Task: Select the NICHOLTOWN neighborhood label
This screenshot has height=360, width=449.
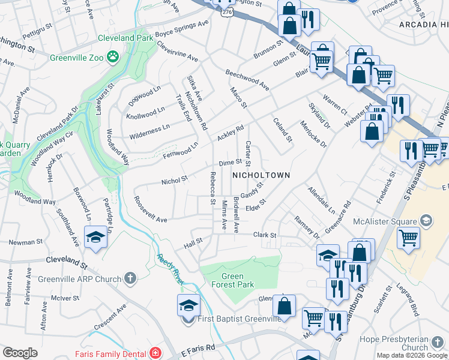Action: coord(261,175)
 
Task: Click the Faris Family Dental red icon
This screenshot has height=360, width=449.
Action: coord(156,353)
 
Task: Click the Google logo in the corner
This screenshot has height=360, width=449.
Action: coord(20,353)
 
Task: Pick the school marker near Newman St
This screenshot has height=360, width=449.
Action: coord(95,237)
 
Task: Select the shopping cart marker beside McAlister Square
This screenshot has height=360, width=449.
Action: coord(408,236)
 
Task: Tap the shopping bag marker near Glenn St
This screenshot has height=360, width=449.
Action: coord(289,25)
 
